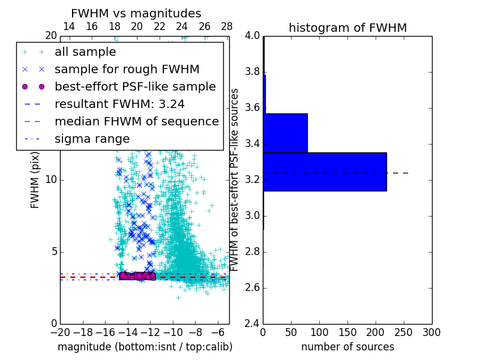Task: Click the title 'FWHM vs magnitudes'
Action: pos(136,13)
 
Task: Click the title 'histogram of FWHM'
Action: pos(347,28)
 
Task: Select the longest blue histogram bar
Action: pos(325,172)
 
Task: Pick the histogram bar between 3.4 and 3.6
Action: pos(285,133)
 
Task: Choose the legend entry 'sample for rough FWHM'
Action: pos(127,70)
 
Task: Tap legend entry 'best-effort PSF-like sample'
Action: pos(135,87)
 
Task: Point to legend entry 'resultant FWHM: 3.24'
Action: pos(119,104)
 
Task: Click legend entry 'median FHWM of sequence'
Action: pos(136,122)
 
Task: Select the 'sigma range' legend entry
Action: pos(92,139)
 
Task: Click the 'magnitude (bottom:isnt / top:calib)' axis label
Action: pos(145,347)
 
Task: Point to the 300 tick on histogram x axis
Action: pos(431,332)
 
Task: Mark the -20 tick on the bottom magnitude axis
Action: pos(60,332)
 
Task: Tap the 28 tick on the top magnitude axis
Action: pos(227,26)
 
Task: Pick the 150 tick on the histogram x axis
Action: pos(347,332)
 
